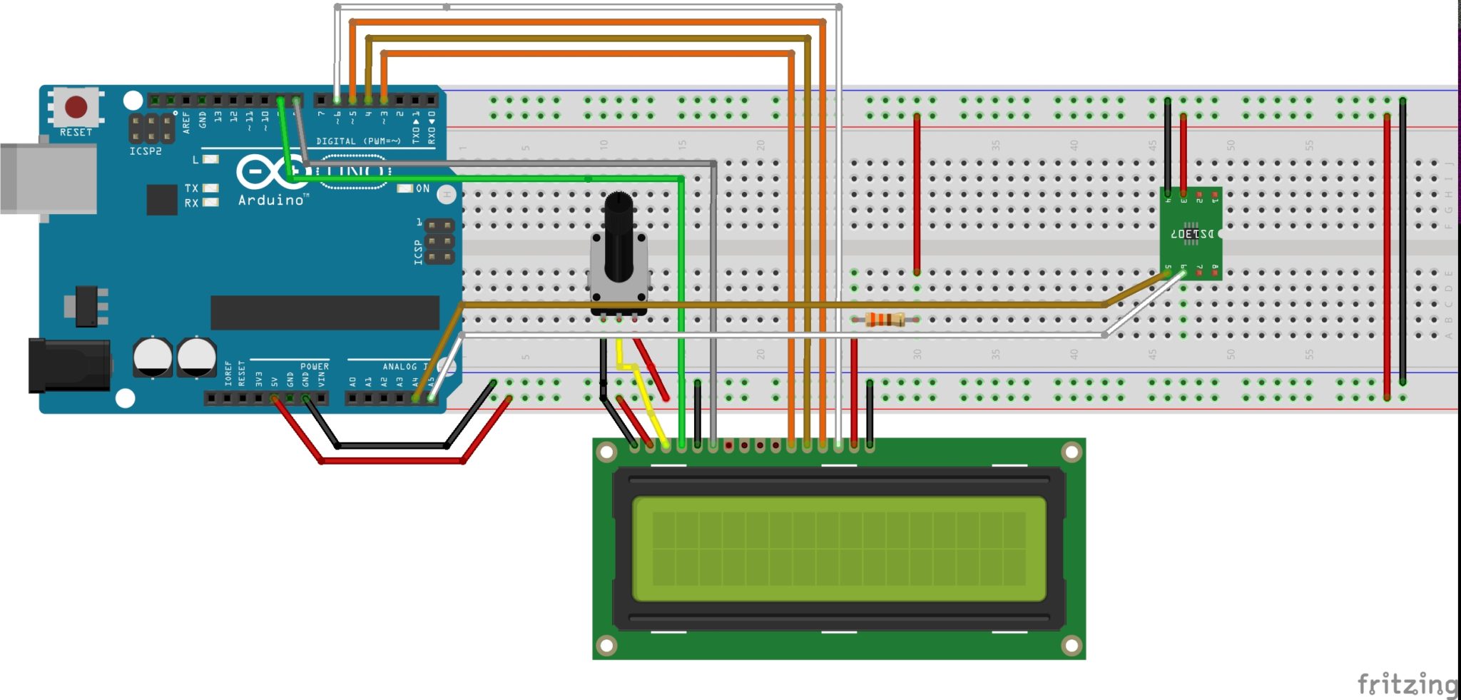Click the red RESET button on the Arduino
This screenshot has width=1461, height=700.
click(x=76, y=107)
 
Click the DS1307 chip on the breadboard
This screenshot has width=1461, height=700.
click(x=1191, y=233)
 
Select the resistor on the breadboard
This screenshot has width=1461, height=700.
click(x=885, y=319)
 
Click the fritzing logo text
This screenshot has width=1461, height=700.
click(x=1406, y=684)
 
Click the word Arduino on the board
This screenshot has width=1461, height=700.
click(x=271, y=201)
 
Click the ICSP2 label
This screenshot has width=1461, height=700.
click(x=146, y=151)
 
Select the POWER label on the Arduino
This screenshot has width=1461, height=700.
click(x=314, y=366)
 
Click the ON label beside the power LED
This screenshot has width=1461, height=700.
click(x=422, y=188)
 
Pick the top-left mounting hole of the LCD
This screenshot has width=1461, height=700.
click(x=606, y=452)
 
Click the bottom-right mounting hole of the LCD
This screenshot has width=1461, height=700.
click(x=1071, y=645)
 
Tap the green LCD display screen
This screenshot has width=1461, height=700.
click(x=839, y=548)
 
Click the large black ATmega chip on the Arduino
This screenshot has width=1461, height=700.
click(x=325, y=313)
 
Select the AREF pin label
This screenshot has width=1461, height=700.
click(x=186, y=122)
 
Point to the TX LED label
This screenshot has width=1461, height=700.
click(x=191, y=188)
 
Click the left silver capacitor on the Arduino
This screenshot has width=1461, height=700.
click(x=153, y=357)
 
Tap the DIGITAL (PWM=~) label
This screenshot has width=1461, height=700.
click(x=358, y=141)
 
